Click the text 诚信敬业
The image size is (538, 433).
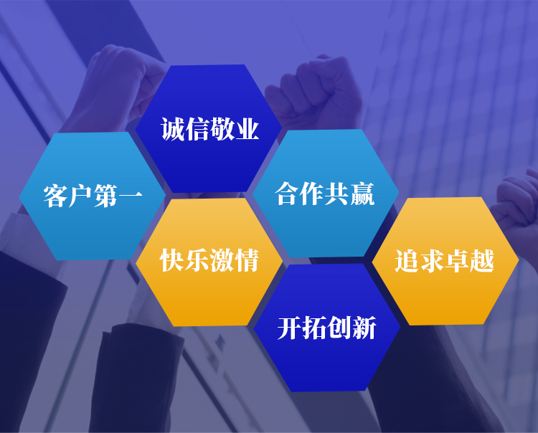(x=209, y=129)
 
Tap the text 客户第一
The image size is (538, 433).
(x=93, y=196)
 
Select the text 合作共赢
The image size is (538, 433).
(x=324, y=194)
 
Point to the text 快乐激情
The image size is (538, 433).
(x=209, y=260)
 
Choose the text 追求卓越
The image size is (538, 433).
(x=444, y=261)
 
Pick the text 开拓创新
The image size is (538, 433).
(x=326, y=328)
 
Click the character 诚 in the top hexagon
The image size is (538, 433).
(x=173, y=129)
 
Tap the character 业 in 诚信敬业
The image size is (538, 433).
(x=247, y=129)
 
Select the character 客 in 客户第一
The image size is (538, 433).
(x=55, y=196)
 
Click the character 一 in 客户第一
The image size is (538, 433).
(x=131, y=196)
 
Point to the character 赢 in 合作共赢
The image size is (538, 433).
(x=362, y=194)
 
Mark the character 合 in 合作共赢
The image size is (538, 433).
(x=288, y=194)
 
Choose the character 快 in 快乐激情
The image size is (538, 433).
(x=171, y=260)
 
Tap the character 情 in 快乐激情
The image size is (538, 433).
(x=246, y=260)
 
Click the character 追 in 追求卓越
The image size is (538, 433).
(x=407, y=261)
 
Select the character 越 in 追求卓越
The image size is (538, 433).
(x=482, y=261)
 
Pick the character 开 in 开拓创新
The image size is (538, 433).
(x=290, y=328)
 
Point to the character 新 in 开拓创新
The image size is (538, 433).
(x=364, y=328)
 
